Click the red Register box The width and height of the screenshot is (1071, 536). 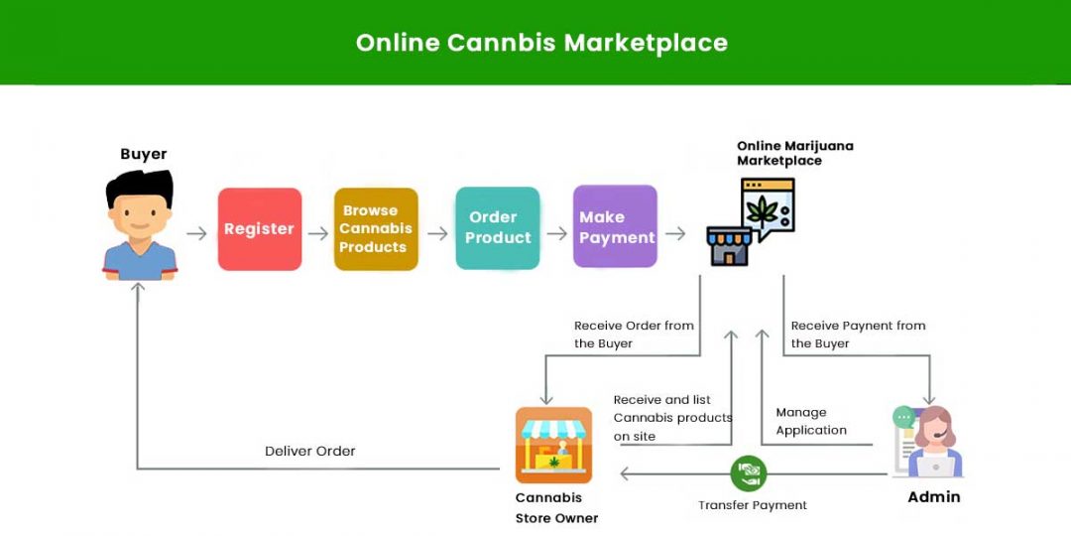(259, 229)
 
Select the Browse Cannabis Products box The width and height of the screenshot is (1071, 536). (375, 229)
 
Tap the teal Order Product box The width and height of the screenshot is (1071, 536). (497, 228)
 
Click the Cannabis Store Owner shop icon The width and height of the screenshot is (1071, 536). (553, 446)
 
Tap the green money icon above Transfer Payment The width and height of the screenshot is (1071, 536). (748, 472)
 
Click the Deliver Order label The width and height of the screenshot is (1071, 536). (309, 451)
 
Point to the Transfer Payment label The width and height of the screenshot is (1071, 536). (753, 505)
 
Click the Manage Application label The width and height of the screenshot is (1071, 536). (811, 422)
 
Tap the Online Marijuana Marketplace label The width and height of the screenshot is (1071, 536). (794, 153)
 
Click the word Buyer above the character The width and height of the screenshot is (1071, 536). (144, 154)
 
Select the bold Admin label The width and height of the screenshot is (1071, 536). (934, 496)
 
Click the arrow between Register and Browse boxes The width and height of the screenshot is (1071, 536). (317, 234)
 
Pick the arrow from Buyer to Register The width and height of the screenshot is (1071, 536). (196, 234)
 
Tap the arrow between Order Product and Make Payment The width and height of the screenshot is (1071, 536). (556, 234)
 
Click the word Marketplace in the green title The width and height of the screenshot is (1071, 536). (646, 43)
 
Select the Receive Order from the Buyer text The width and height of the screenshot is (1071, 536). (634, 335)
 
